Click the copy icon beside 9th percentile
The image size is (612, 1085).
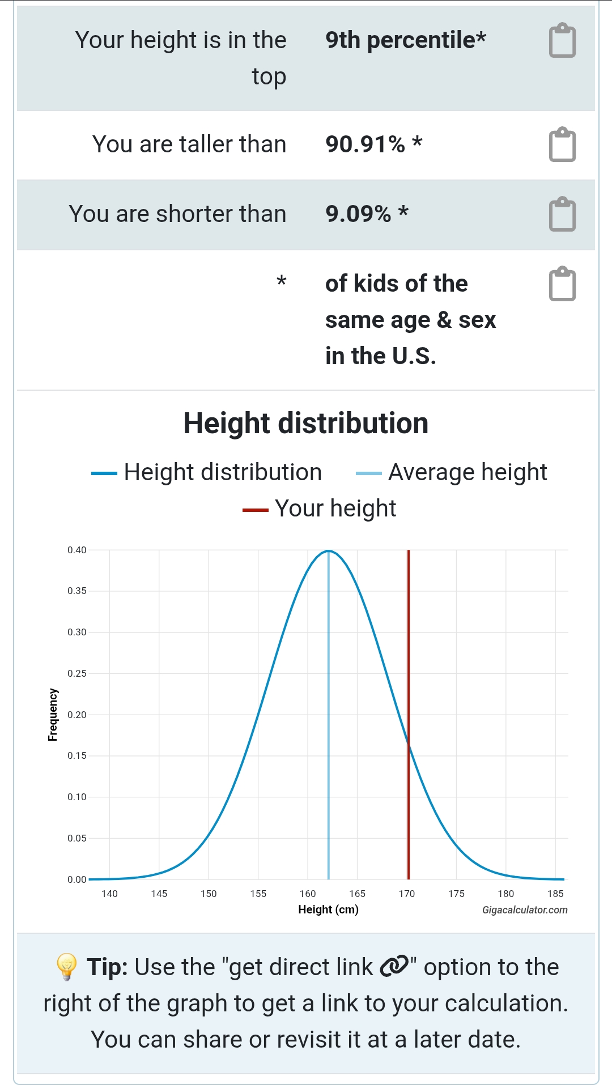(562, 41)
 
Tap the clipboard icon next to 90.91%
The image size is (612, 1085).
(562, 145)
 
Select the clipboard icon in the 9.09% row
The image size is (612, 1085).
(562, 215)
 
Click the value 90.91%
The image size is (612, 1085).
(365, 144)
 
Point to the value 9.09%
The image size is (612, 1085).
(358, 214)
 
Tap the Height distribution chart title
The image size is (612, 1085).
(306, 424)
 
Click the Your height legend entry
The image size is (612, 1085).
(335, 509)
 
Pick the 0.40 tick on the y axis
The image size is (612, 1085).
(77, 550)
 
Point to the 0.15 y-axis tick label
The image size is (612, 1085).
(77, 755)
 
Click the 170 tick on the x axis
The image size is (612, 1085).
(407, 894)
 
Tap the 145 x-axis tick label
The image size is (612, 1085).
(159, 894)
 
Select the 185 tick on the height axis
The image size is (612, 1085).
(555, 894)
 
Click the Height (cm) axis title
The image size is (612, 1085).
(328, 909)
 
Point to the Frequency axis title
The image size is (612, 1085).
(53, 715)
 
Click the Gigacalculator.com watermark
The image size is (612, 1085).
(525, 910)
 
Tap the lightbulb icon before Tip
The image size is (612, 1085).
(67, 967)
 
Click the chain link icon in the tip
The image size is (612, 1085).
(394, 967)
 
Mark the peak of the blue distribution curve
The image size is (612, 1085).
(329, 551)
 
